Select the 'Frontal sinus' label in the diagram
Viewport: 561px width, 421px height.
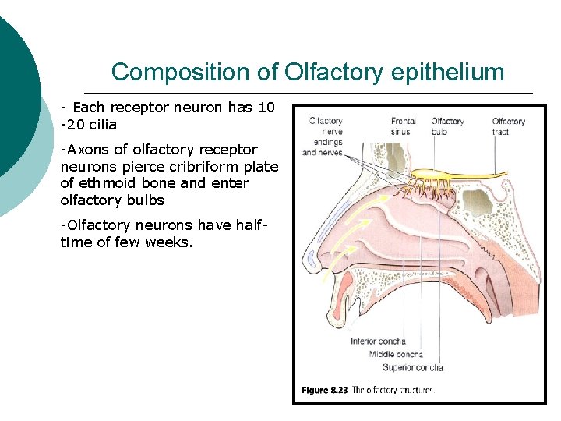pyautogui.click(x=404, y=126)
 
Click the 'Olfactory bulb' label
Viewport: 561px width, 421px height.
pyautogui.click(x=447, y=126)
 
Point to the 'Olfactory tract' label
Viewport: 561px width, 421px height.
pyautogui.click(x=508, y=126)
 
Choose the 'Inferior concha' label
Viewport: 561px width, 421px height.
pyautogui.click(x=378, y=341)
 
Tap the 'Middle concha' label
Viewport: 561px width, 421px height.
pyautogui.click(x=396, y=354)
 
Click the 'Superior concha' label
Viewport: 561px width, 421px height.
pyautogui.click(x=412, y=367)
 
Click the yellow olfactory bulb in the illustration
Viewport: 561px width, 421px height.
pyautogui.click(x=436, y=173)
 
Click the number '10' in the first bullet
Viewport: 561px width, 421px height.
pyautogui.click(x=266, y=108)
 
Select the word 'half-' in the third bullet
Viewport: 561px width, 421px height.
pyautogui.click(x=252, y=225)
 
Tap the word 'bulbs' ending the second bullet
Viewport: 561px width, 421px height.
pyautogui.click(x=146, y=200)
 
